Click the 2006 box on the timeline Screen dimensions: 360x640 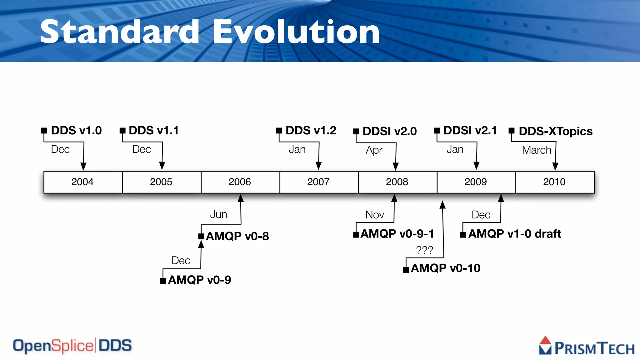point(240,182)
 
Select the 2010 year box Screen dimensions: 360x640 point(555,182)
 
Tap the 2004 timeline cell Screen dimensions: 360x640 point(82,182)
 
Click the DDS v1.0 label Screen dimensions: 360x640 point(76,131)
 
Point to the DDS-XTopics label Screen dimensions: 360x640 point(555,131)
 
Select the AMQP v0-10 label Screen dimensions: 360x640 point(445,268)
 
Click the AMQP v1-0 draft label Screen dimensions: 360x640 point(514,234)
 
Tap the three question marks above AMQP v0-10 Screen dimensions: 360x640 point(424,250)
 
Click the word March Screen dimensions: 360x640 point(537,150)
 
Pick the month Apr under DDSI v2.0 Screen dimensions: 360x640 point(374,150)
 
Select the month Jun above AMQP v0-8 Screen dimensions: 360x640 point(218,214)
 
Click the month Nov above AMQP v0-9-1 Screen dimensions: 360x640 point(375,215)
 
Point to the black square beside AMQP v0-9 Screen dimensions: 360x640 point(163,281)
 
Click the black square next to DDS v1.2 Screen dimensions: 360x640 point(279,130)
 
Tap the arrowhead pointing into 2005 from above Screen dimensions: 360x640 point(162,166)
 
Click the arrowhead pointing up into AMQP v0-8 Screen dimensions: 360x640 point(201,244)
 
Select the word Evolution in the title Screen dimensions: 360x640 point(296,32)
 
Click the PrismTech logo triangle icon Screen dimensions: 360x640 point(545,345)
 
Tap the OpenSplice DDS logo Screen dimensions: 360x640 point(72,346)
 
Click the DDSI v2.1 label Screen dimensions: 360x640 point(470,131)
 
